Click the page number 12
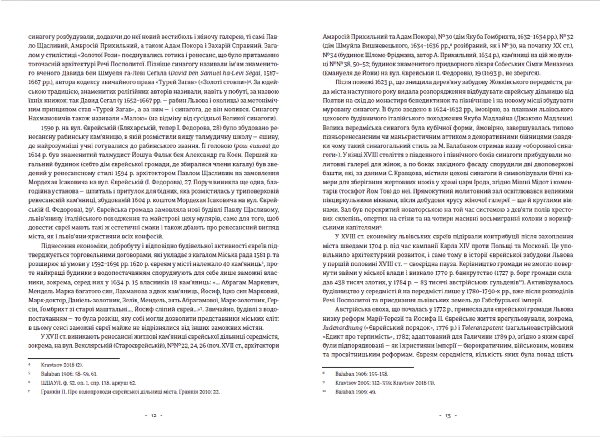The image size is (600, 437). [x=154, y=416]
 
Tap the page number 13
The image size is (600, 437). [x=448, y=416]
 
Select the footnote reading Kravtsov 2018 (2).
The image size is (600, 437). [x=62, y=365]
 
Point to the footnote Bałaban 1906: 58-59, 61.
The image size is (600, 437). [x=69, y=374]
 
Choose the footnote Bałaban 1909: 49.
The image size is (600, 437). [x=355, y=392]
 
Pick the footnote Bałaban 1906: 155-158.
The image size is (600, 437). [x=362, y=374]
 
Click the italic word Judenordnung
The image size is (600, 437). [x=342, y=328]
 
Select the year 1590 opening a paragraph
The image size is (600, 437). [x=47, y=128]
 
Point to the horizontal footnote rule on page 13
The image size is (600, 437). [x=368, y=367]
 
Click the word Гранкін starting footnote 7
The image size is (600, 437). [x=51, y=392]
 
